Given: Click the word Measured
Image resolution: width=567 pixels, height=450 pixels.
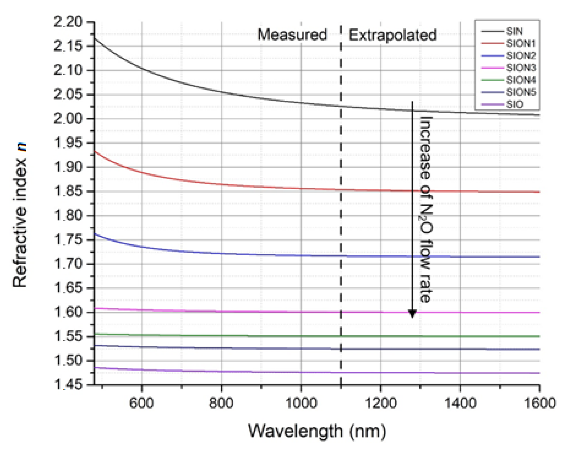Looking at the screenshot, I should click(292, 35).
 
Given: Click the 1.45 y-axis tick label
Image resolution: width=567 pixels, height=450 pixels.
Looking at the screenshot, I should click(68, 385).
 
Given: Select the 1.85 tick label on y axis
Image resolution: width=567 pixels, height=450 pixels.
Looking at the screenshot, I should click(68, 191).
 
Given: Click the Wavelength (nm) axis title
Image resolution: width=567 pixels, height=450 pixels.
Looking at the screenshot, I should click(317, 431).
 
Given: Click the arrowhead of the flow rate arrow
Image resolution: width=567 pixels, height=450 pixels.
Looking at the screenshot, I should click(412, 314).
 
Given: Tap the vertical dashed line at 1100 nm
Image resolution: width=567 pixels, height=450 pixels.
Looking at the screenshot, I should click(341, 224).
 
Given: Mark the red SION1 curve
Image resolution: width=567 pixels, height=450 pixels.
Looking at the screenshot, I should click(252, 186).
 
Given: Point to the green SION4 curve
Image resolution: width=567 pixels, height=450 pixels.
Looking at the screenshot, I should click(280, 336).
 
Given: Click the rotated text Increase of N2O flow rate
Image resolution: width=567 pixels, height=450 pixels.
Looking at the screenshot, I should click(426, 209).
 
